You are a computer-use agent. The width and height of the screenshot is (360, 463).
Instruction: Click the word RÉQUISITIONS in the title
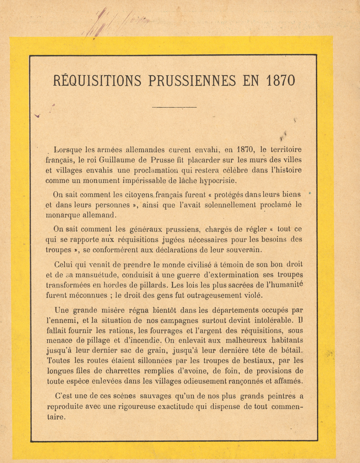click(97, 80)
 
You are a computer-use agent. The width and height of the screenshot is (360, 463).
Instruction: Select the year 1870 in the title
click(281, 80)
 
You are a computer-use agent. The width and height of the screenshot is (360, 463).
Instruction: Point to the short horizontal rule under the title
click(174, 107)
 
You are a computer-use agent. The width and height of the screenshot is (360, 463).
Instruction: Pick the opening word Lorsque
click(68, 150)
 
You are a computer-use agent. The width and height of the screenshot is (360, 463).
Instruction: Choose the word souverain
click(244, 250)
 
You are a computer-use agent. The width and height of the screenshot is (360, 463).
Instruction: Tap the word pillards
click(150, 285)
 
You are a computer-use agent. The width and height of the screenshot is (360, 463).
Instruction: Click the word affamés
click(288, 381)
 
